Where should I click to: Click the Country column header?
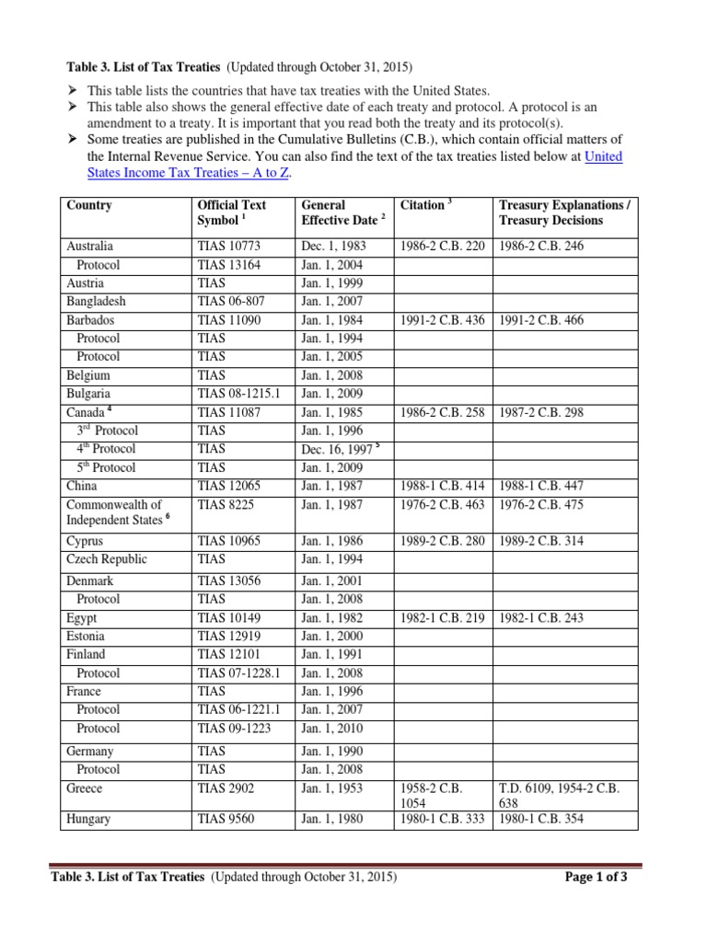[89, 205]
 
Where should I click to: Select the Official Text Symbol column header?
[232, 213]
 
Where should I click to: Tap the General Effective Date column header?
[338, 213]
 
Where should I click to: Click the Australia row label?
[90, 247]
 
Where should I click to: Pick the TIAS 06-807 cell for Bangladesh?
[231, 302]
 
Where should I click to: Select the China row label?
[82, 486]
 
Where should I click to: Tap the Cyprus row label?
[86, 541]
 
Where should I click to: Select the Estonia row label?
[86, 636]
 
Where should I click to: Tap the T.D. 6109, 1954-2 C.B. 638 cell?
[559, 795]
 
